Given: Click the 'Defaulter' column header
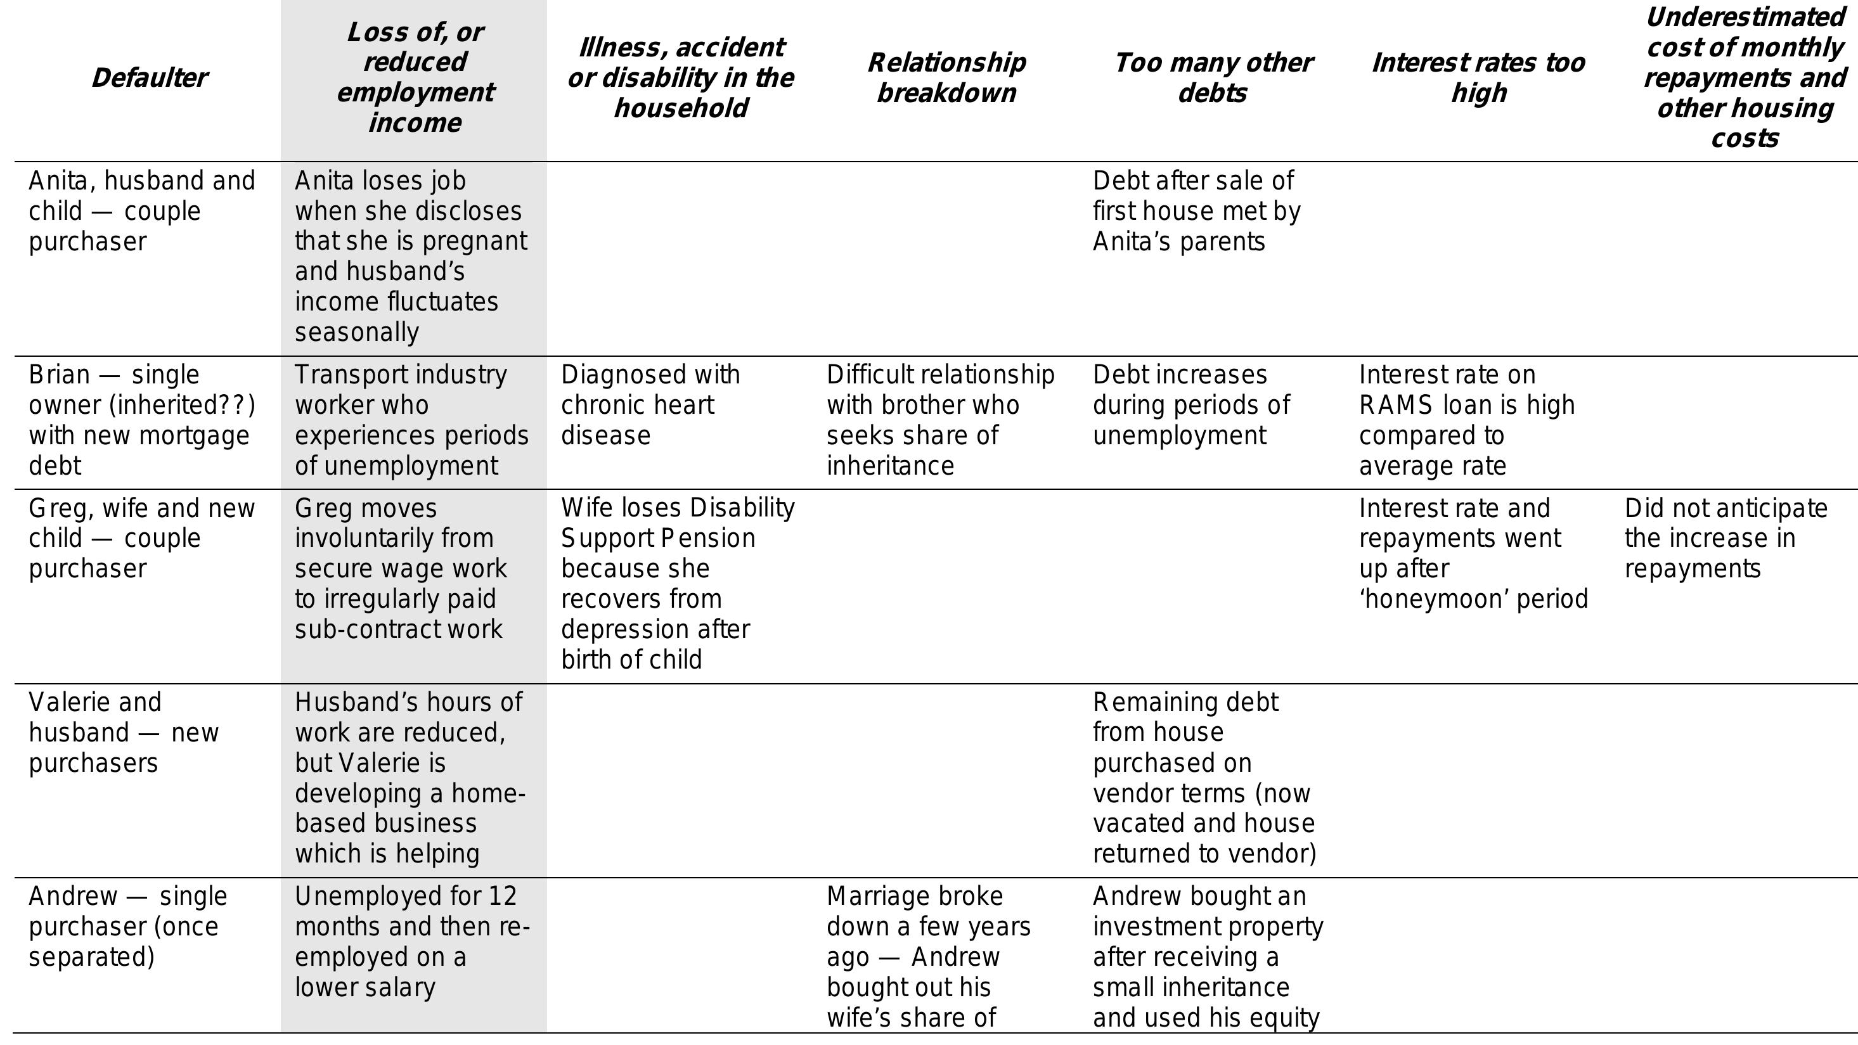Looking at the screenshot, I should pos(150,78).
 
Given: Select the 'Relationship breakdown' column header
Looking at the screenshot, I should pos(946,78).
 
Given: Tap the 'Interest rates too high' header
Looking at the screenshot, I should pos(1478,78).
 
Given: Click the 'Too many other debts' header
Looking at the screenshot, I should pos(1213,78).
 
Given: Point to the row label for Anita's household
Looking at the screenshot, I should pos(141,210).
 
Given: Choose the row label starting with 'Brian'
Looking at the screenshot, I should pos(141,420).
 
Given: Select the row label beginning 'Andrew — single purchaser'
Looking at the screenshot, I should pos(127,926).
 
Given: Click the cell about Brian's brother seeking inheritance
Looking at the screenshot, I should pos(940,420).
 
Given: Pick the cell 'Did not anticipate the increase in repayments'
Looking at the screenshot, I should pos(1726,538).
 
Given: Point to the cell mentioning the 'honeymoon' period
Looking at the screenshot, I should pos(1473,553).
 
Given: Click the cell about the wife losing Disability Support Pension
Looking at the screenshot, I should pos(677,583).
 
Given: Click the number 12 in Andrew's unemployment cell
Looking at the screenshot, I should pos(502,895).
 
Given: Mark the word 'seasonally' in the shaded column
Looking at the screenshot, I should pos(356,331).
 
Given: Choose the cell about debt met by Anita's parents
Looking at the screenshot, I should pos(1196,210).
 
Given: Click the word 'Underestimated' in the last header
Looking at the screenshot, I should pos(1745,17).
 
